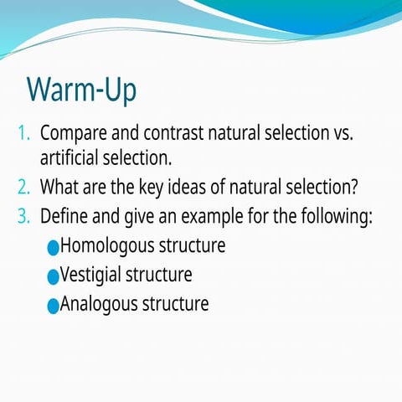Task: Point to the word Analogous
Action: point(99,303)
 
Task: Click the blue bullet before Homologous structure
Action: point(54,248)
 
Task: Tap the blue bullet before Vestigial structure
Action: point(54,276)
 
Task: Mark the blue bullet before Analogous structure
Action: point(54,305)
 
